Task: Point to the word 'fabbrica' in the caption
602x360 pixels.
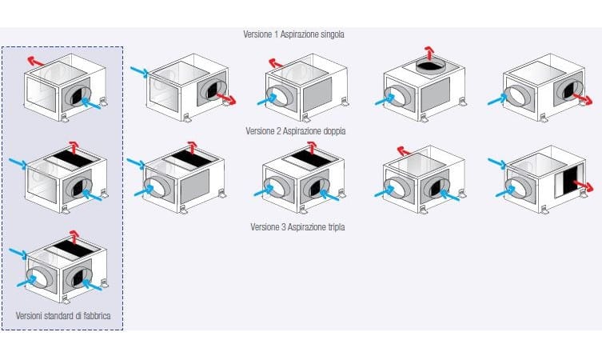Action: [x=101, y=317]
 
